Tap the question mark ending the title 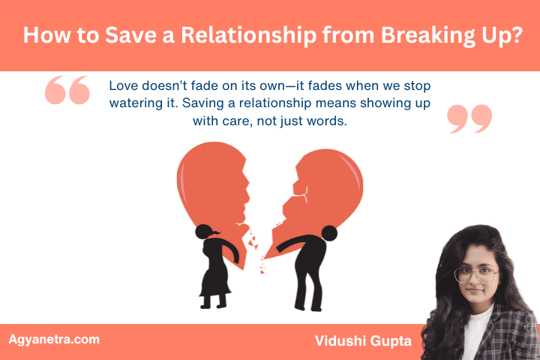[515, 35]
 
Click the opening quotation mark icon [67, 91]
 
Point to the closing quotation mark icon [469, 118]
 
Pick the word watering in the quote [139, 103]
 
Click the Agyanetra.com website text [54, 340]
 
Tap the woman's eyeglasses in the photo [476, 274]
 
